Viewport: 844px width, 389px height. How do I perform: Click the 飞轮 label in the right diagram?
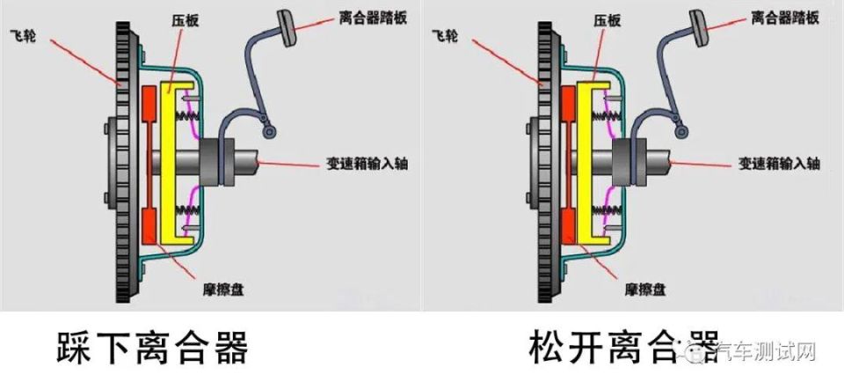445,37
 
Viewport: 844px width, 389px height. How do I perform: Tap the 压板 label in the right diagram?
608,20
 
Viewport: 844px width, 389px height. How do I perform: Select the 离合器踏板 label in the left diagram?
373,18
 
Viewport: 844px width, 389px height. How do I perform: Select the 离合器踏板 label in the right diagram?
785,18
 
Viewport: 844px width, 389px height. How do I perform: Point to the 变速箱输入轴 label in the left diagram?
367,163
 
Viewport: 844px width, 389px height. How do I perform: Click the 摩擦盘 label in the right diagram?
644,290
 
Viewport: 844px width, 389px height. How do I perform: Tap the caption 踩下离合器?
152,348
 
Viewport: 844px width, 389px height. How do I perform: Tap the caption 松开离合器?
624,347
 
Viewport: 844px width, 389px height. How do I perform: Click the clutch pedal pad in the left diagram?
286,28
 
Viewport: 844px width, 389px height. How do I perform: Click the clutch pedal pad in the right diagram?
699,28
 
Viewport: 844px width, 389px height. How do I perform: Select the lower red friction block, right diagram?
568,227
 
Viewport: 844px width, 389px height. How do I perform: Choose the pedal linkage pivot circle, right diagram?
682,131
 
